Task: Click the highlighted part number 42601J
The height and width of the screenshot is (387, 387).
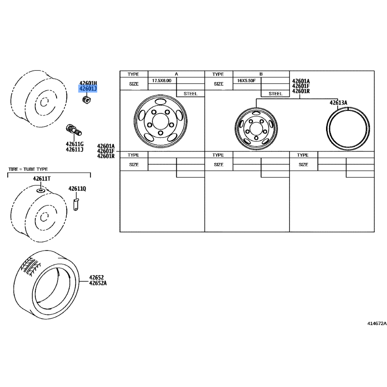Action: pos(88,89)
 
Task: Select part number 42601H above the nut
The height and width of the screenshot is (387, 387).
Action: pos(88,83)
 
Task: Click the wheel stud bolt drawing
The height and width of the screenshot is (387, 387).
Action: pos(74,130)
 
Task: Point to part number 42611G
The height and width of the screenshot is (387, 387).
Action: pos(74,144)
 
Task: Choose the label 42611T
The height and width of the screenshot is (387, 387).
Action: pos(42,179)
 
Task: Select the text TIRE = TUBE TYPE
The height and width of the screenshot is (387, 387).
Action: pos(28,169)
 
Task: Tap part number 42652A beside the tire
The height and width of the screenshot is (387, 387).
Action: pos(98,283)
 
